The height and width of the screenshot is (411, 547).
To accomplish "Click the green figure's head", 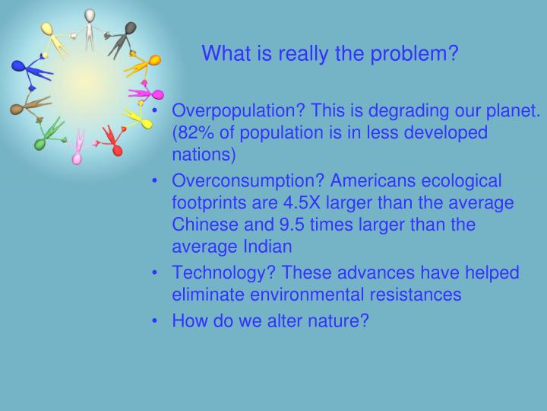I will click(40, 143).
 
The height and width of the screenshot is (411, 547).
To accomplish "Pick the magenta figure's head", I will click(157, 95).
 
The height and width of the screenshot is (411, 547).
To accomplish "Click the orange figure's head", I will click(154, 60).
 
